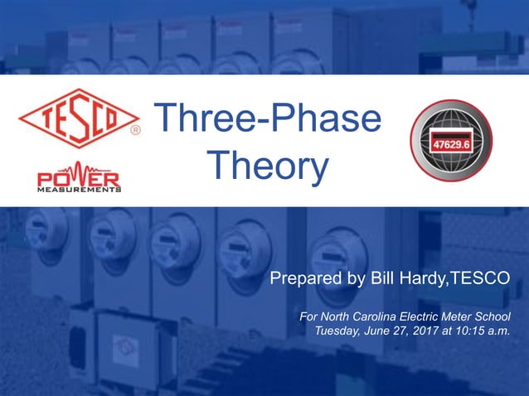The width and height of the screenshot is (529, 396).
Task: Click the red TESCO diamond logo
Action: coord(79,118)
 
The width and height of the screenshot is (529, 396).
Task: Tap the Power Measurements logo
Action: coord(79,176)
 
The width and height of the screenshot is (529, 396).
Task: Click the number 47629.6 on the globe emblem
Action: coord(451,142)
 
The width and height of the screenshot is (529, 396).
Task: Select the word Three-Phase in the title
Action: coord(269,119)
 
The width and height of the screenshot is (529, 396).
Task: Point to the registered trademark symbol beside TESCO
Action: coord(136,132)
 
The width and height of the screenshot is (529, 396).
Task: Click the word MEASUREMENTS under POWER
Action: coord(79,190)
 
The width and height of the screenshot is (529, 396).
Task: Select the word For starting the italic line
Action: coord(308,317)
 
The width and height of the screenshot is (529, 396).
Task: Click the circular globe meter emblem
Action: coord(451,141)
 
